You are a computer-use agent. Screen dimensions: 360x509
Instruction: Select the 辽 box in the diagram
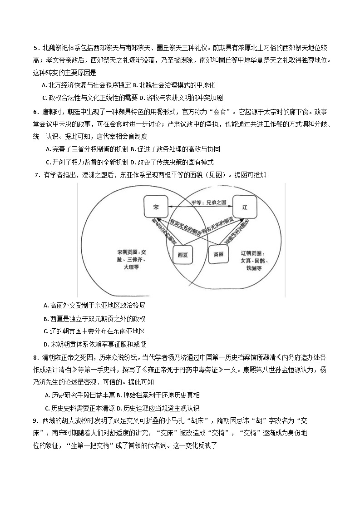pyautogui.click(x=245, y=207)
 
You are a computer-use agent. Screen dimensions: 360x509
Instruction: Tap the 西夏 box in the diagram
pyautogui.click(x=183, y=255)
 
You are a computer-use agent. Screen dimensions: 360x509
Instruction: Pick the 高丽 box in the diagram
pyautogui.click(x=218, y=254)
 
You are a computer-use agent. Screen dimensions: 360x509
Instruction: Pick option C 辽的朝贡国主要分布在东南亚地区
pyautogui.click(x=94, y=331)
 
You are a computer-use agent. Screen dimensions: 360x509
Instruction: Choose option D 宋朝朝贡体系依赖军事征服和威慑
pyautogui.click(x=94, y=344)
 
